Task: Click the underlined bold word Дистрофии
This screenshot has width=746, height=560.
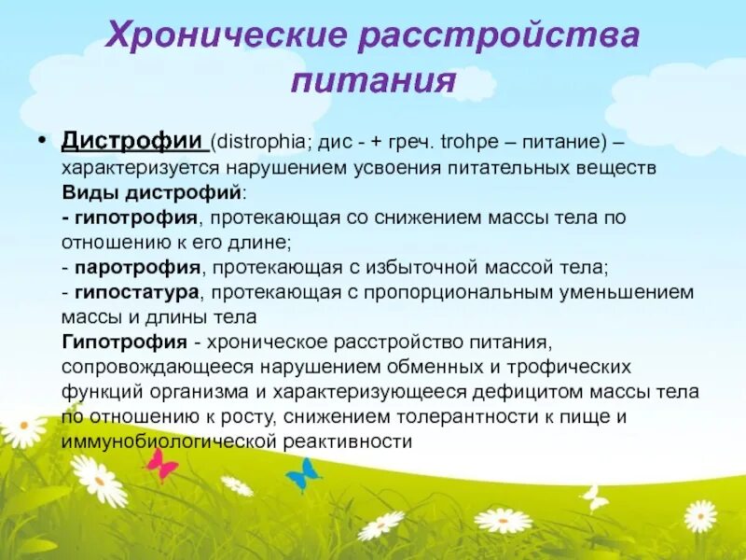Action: point(133,141)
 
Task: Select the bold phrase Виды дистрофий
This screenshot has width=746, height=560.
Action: point(152,191)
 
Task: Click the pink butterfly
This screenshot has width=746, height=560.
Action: point(162,464)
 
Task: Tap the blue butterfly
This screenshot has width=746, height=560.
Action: point(302,474)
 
